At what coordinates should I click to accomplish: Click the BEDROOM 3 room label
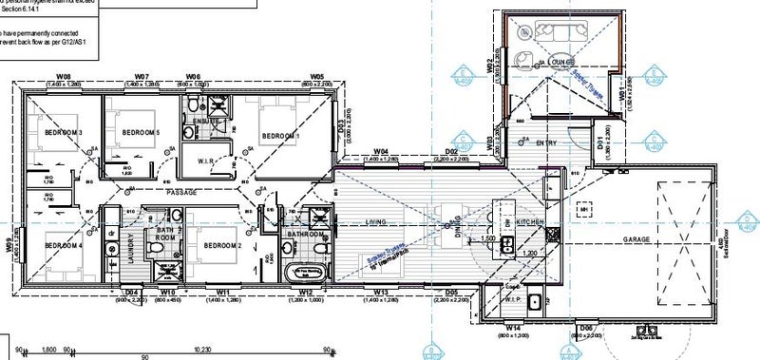(56, 132)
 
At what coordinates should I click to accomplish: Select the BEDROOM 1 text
(280, 136)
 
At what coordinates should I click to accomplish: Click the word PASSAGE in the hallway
(180, 193)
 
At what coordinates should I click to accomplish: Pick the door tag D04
(133, 292)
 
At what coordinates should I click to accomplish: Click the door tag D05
(452, 292)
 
